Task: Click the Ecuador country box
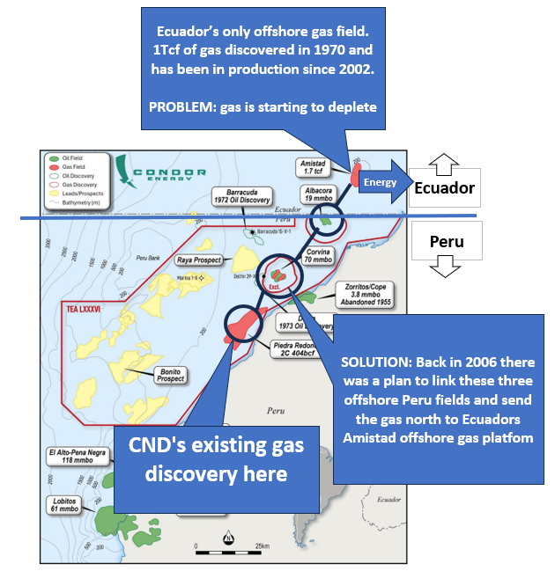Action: (444, 187)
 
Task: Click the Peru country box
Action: (446, 240)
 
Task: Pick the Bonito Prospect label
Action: (171, 375)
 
